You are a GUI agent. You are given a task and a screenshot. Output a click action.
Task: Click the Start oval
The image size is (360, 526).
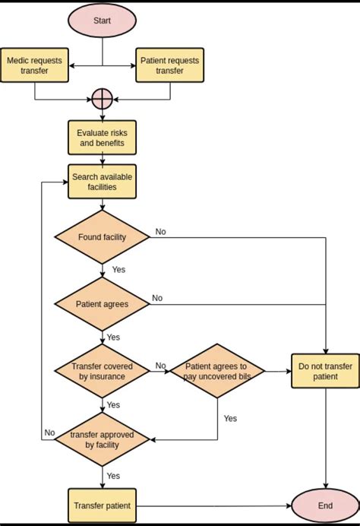click(103, 21)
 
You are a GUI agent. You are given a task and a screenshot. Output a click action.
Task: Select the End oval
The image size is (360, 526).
click(325, 505)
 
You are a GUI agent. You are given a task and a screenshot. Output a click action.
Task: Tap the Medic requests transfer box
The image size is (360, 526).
click(34, 65)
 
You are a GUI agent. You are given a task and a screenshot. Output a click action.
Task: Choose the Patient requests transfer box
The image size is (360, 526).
click(169, 65)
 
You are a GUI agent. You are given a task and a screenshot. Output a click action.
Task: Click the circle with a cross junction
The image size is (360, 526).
click(103, 99)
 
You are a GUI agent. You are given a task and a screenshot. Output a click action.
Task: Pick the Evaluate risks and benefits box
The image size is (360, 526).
click(103, 138)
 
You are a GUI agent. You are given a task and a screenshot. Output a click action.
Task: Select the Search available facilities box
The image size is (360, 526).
click(103, 182)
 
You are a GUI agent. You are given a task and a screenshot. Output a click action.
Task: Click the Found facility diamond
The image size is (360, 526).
click(103, 237)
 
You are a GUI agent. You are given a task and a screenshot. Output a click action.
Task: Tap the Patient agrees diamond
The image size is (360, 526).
click(103, 304)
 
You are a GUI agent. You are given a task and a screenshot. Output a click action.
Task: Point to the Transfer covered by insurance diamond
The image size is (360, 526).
click(103, 372)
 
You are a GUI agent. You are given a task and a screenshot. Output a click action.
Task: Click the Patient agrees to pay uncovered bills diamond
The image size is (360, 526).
click(217, 371)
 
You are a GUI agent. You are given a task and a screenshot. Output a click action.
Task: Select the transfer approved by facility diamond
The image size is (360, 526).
click(103, 439)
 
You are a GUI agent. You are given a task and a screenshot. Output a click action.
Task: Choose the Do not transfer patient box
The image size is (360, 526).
click(325, 371)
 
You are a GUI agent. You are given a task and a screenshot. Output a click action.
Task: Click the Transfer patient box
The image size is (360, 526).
click(103, 505)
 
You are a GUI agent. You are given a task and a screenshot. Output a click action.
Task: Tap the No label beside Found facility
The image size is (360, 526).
click(160, 232)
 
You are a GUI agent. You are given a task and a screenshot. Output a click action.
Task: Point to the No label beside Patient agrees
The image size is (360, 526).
click(157, 298)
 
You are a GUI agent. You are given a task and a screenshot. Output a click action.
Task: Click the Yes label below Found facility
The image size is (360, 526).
click(118, 270)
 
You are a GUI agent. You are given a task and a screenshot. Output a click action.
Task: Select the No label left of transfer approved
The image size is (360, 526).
click(49, 433)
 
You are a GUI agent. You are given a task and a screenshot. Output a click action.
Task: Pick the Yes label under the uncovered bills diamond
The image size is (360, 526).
click(230, 418)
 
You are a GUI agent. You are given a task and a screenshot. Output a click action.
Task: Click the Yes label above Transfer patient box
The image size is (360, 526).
click(113, 476)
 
